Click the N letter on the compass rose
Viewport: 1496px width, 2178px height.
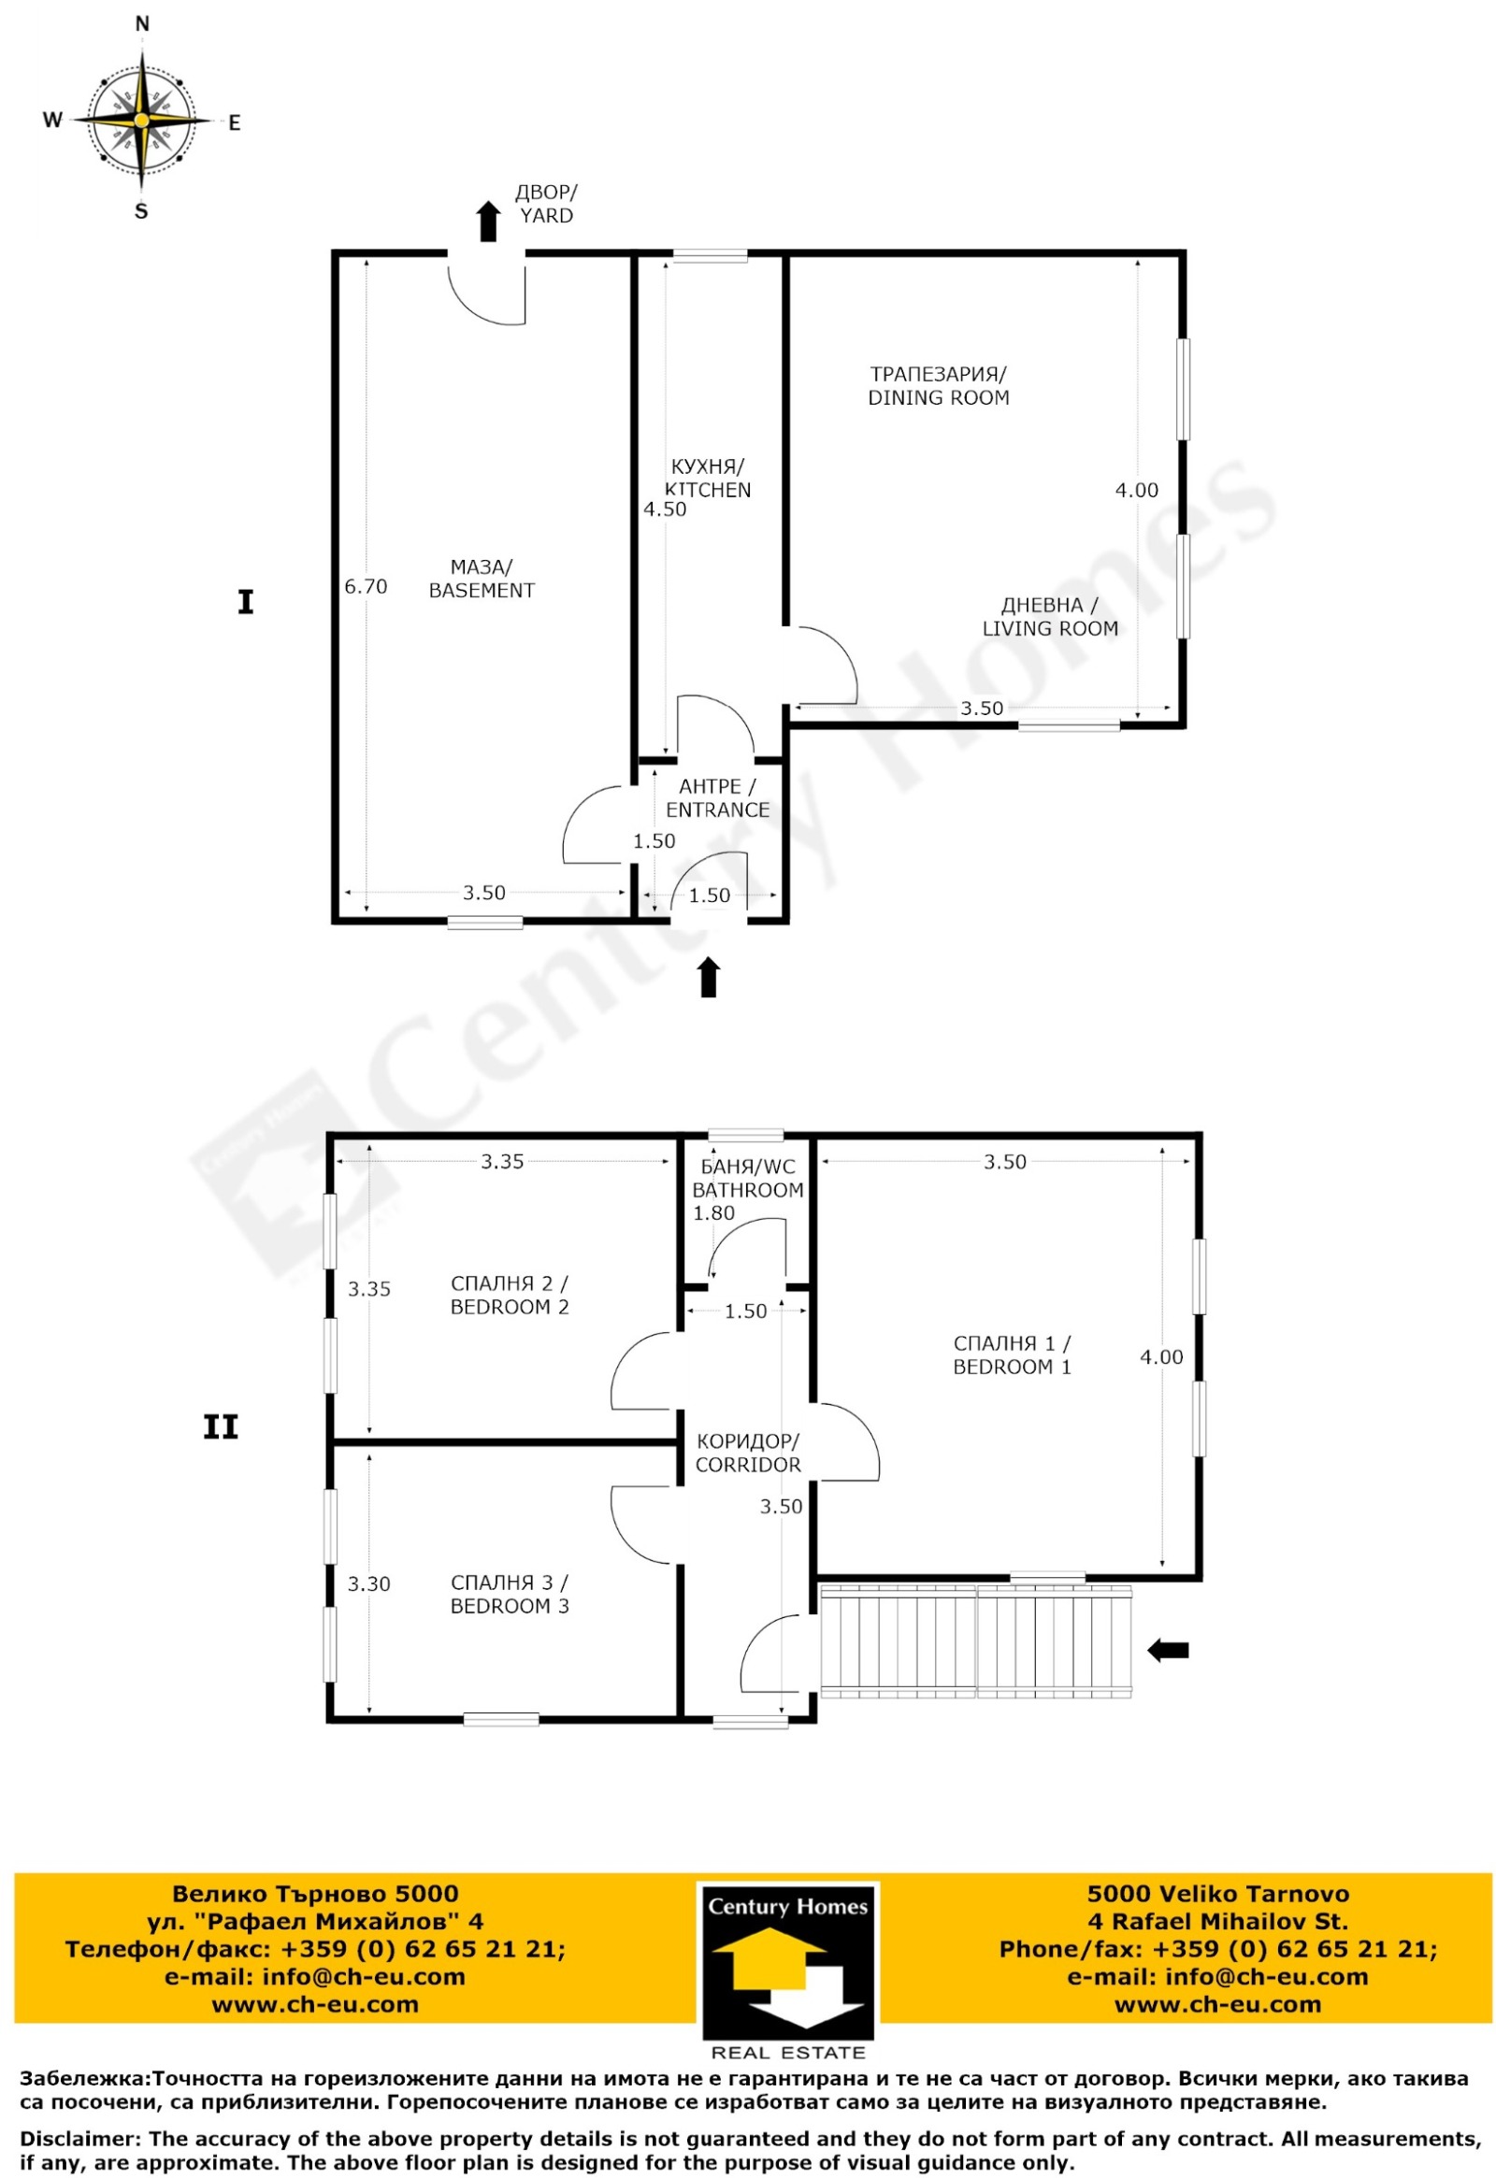(x=142, y=24)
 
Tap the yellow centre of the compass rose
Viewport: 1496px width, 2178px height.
(x=141, y=120)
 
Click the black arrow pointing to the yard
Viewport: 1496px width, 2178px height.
(x=487, y=222)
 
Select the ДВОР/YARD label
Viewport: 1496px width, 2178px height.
(x=546, y=205)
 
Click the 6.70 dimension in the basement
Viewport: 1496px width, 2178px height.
(x=366, y=587)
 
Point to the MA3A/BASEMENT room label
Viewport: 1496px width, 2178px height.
(x=482, y=579)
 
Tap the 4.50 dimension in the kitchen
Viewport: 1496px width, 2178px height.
(x=665, y=509)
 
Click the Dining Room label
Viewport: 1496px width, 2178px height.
(x=939, y=385)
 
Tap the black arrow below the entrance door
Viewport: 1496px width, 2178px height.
(x=709, y=977)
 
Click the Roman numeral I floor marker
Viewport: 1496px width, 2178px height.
(x=246, y=602)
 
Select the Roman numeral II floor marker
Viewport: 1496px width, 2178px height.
(x=222, y=1427)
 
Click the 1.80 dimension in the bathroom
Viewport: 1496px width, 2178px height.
(x=713, y=1212)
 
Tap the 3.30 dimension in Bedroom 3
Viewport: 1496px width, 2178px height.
(x=369, y=1583)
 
